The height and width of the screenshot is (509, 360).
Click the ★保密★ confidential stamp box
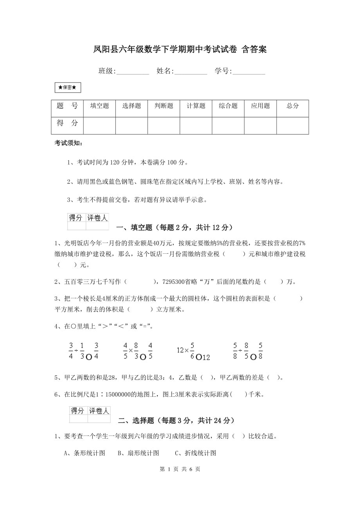click(68, 88)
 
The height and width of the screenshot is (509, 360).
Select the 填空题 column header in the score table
click(99, 106)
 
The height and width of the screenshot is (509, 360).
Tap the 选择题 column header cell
click(131, 106)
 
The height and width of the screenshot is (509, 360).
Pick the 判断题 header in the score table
click(164, 106)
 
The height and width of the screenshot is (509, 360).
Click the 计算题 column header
click(196, 106)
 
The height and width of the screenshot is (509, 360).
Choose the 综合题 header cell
click(228, 106)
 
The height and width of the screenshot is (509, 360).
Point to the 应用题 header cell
click(260, 106)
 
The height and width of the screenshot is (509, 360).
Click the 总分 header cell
click(292, 106)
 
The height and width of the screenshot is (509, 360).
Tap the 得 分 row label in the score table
click(67, 123)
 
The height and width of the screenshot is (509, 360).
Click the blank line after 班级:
click(133, 72)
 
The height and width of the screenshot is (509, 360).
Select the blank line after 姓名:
click(191, 72)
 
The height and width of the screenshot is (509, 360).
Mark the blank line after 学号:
click(248, 72)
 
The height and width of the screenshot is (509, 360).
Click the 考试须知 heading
click(68, 143)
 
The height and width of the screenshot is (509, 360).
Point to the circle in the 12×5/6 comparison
click(199, 357)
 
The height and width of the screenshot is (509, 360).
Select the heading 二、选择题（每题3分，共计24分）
click(176, 421)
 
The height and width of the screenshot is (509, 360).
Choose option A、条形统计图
click(85, 453)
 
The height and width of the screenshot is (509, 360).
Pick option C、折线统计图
click(195, 453)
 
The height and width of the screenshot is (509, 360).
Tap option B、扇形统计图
click(138, 453)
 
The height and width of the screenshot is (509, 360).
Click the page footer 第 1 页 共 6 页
click(180, 469)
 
